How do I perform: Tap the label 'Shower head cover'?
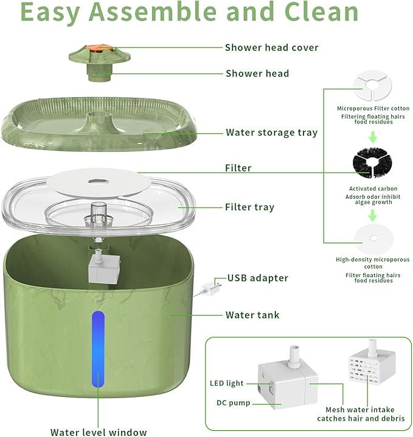pos(272,47)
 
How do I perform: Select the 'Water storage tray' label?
pos(272,132)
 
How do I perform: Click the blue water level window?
pos(98,349)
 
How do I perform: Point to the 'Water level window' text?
pos(99,432)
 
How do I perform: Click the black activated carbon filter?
pos(372,163)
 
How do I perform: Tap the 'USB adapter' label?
pos(258,278)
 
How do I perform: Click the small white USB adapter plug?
pos(211,288)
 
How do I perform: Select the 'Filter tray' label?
pos(249,207)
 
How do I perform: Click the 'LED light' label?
pos(227,384)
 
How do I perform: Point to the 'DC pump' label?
pos(233,403)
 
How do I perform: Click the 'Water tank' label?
pos(252,315)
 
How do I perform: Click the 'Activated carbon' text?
pos(373,188)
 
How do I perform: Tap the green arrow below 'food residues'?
pos(373,137)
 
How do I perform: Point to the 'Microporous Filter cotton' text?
pos(373,108)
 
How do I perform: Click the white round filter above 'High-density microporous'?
pos(373,239)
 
